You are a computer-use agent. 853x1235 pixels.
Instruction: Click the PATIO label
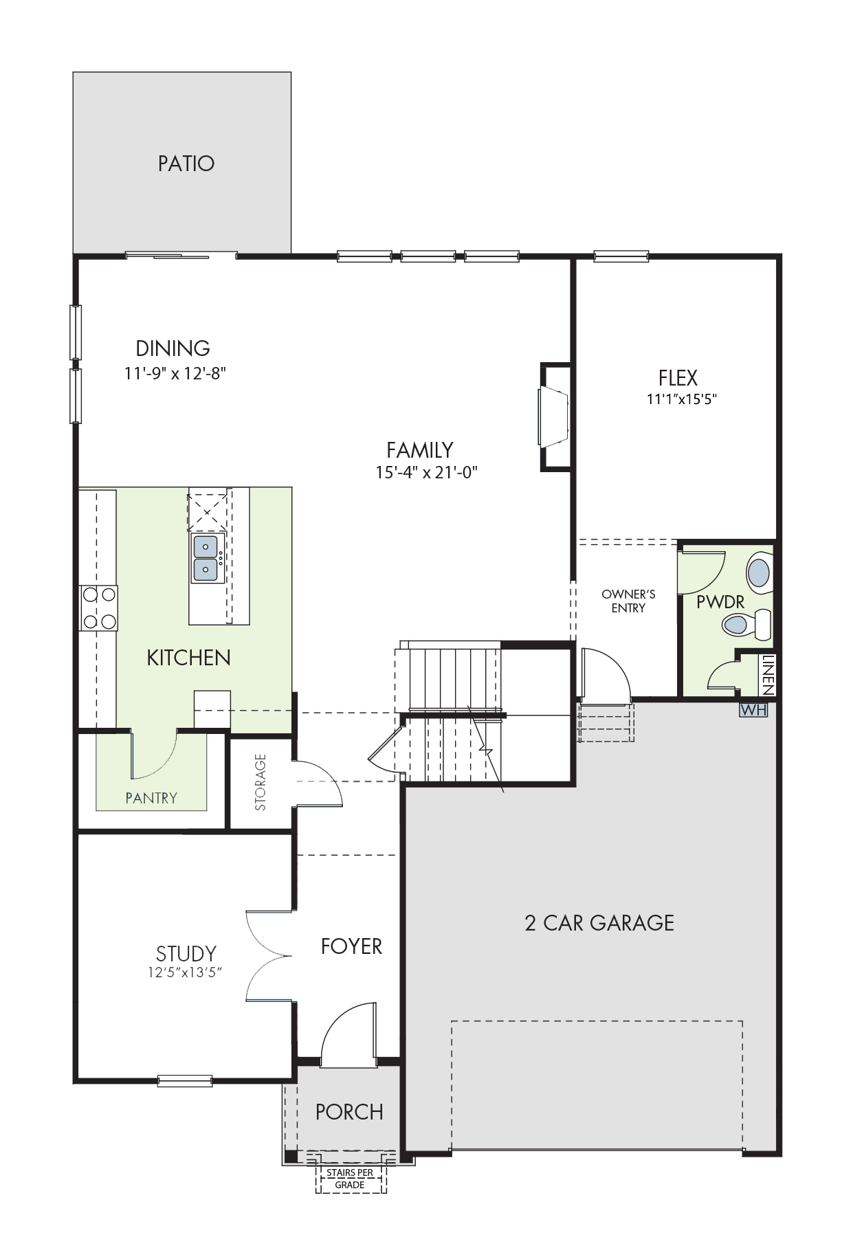coord(186,164)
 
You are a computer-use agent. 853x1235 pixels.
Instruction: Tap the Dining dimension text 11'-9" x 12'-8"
coord(175,373)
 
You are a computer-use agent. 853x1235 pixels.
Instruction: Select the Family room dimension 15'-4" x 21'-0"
coord(426,472)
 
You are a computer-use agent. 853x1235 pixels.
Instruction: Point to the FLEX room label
coord(678,378)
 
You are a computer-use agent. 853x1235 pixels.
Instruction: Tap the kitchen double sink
coord(207,558)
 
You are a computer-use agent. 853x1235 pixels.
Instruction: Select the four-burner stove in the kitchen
coord(99,608)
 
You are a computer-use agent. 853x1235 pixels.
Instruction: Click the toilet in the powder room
coord(746,625)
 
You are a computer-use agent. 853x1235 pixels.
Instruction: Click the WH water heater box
coord(753,710)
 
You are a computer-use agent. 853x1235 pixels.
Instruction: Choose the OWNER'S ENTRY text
coord(628,601)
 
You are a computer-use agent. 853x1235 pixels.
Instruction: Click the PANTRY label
coord(151,798)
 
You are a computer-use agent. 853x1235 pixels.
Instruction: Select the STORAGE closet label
coord(261,782)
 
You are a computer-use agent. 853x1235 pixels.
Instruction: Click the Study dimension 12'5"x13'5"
coord(186,972)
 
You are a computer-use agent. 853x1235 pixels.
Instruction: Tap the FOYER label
coord(351,946)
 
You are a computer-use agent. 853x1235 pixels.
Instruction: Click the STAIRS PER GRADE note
coord(350,1179)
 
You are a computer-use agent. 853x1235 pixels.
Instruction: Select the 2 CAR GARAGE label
coord(599,922)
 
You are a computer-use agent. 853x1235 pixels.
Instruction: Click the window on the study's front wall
coord(185,1081)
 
